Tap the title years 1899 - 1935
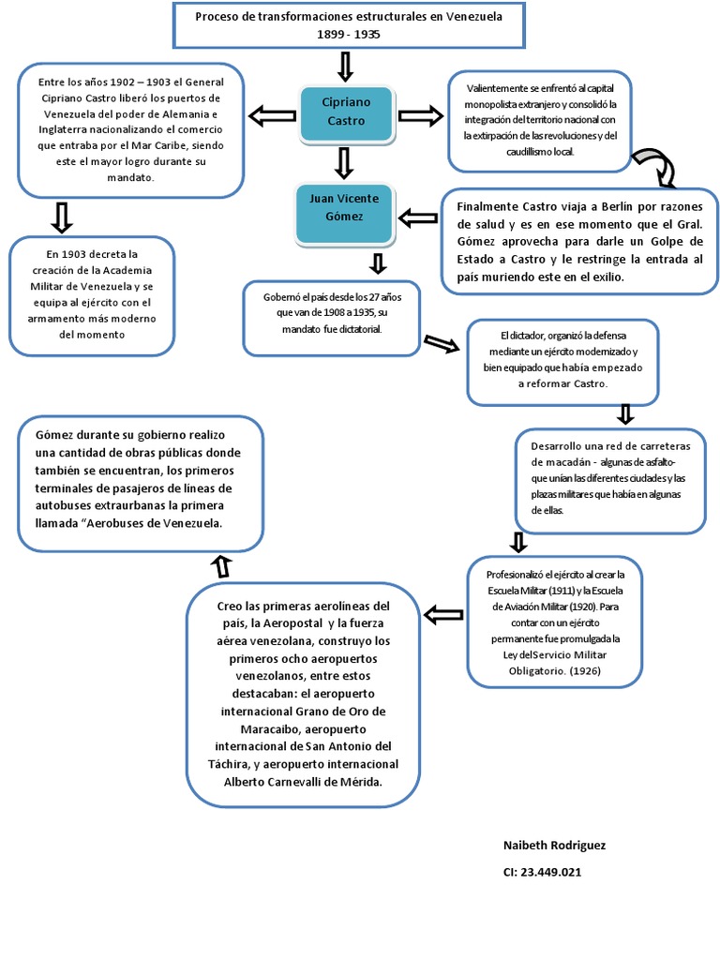(x=349, y=34)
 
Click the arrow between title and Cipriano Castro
(x=344, y=67)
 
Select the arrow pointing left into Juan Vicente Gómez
(x=418, y=219)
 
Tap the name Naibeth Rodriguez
(x=554, y=846)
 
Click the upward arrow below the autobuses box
(x=222, y=565)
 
